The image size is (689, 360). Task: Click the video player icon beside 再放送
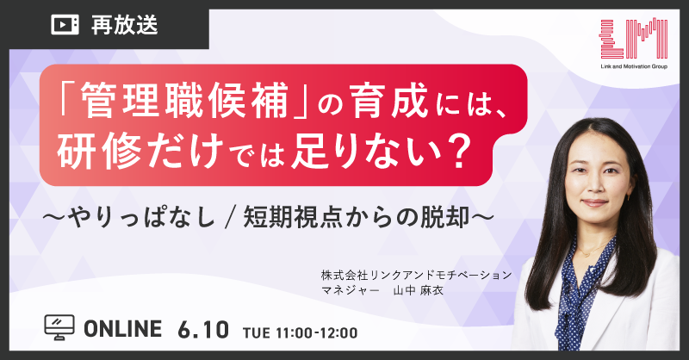point(65,25)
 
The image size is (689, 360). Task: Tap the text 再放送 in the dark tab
point(124,25)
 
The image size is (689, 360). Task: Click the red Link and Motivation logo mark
point(634,39)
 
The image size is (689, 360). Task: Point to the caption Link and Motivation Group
point(634,66)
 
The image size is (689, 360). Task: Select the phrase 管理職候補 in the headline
point(183,101)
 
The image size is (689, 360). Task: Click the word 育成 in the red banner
point(390,101)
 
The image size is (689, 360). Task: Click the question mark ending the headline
point(460,152)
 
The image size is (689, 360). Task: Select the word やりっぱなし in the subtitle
point(141,219)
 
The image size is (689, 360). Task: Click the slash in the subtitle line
point(228,219)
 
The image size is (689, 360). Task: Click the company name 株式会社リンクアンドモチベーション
point(417,275)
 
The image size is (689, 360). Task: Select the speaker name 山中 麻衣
point(418,290)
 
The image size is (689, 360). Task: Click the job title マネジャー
point(350,290)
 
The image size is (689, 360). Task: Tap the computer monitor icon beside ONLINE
point(59,327)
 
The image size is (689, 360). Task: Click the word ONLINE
point(122,329)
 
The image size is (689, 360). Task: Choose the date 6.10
point(203,329)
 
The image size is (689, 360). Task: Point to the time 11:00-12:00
point(317,332)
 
